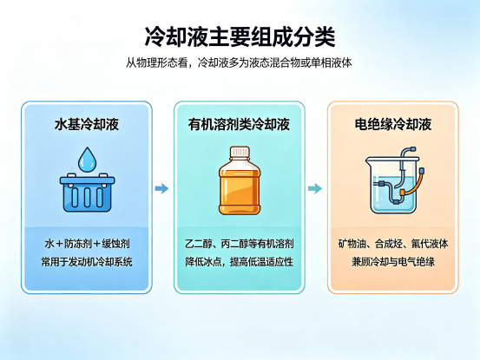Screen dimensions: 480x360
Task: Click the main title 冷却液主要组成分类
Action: tap(240, 37)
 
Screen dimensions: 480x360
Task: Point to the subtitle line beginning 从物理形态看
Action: tap(239, 62)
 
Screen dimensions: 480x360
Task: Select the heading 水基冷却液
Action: tap(87, 125)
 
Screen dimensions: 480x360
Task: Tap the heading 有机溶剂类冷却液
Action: tap(239, 125)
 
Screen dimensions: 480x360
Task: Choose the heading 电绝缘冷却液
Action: tap(393, 125)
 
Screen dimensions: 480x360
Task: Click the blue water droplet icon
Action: tap(88, 159)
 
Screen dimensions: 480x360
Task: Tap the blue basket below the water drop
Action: tap(88, 193)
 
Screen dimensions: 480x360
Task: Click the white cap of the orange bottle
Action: tap(240, 152)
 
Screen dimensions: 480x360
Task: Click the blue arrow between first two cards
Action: tap(161, 188)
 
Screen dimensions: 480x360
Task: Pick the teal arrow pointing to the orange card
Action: tap(315, 188)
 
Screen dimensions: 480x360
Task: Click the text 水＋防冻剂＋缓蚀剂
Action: tap(87, 244)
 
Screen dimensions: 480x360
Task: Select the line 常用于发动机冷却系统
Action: tap(87, 262)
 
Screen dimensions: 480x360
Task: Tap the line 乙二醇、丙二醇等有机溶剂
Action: tap(240, 244)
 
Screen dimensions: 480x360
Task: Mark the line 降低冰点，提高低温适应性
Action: tap(240, 262)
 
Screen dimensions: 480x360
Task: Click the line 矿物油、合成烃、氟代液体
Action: tap(393, 244)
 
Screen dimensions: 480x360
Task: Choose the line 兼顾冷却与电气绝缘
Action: tap(393, 262)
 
